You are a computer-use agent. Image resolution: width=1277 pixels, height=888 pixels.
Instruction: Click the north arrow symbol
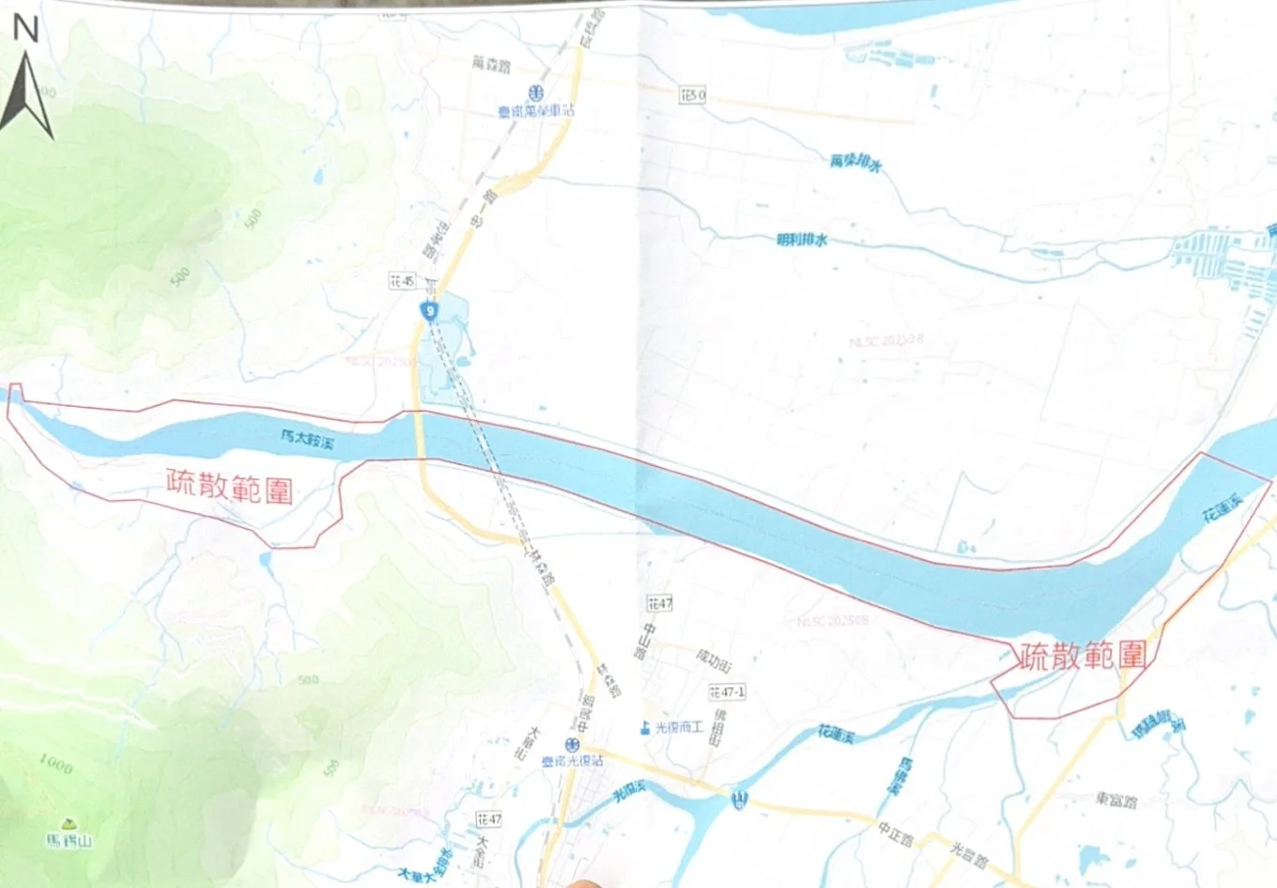click(25, 94)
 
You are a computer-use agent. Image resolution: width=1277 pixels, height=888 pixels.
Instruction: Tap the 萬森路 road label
click(491, 64)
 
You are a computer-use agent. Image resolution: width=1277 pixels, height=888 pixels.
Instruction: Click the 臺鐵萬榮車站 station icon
click(535, 93)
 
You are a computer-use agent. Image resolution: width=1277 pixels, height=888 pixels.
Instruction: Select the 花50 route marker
click(692, 95)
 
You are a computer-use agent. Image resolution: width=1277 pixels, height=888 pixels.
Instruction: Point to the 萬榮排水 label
click(855, 163)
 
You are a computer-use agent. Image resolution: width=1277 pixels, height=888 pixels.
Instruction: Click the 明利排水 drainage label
click(802, 240)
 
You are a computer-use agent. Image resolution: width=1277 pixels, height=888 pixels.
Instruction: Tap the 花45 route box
click(402, 281)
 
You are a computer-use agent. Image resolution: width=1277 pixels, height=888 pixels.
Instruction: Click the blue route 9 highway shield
click(429, 310)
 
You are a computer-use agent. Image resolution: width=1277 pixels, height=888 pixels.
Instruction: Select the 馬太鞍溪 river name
click(307, 439)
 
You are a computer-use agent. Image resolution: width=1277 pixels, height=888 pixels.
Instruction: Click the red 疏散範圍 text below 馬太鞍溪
click(229, 486)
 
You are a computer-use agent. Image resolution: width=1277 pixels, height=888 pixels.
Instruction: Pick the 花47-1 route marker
click(727, 692)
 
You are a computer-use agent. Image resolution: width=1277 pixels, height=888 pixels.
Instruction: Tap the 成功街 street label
click(714, 660)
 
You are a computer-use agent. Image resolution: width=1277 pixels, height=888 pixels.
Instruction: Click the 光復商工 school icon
click(645, 727)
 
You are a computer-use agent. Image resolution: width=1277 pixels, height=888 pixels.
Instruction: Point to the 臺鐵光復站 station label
click(573, 760)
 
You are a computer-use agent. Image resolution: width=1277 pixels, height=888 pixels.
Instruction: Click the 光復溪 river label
click(630, 791)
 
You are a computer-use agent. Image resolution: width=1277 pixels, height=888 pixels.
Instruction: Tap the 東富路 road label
click(1115, 801)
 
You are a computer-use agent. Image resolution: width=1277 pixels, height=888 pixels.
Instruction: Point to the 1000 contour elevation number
click(55, 764)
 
